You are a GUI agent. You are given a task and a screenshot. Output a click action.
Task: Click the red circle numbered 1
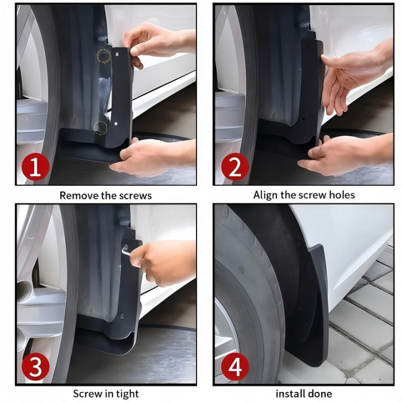coord(35,166)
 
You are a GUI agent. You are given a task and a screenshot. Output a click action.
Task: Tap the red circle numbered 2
coord(235,166)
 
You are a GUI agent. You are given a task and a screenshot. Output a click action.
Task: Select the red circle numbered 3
coord(35,366)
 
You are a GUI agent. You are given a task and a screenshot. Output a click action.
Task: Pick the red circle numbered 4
coord(235,366)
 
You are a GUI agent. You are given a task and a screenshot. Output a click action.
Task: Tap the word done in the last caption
coord(320,394)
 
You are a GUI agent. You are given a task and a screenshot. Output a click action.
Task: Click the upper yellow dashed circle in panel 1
coord(104,56)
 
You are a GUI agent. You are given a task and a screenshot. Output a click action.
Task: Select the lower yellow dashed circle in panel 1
coord(100,128)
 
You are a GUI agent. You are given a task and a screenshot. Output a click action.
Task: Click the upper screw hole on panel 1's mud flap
coord(117,54)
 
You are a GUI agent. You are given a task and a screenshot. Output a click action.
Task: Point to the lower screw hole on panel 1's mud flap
coord(116,123)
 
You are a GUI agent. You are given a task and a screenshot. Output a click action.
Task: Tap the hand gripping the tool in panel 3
coord(163,263)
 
